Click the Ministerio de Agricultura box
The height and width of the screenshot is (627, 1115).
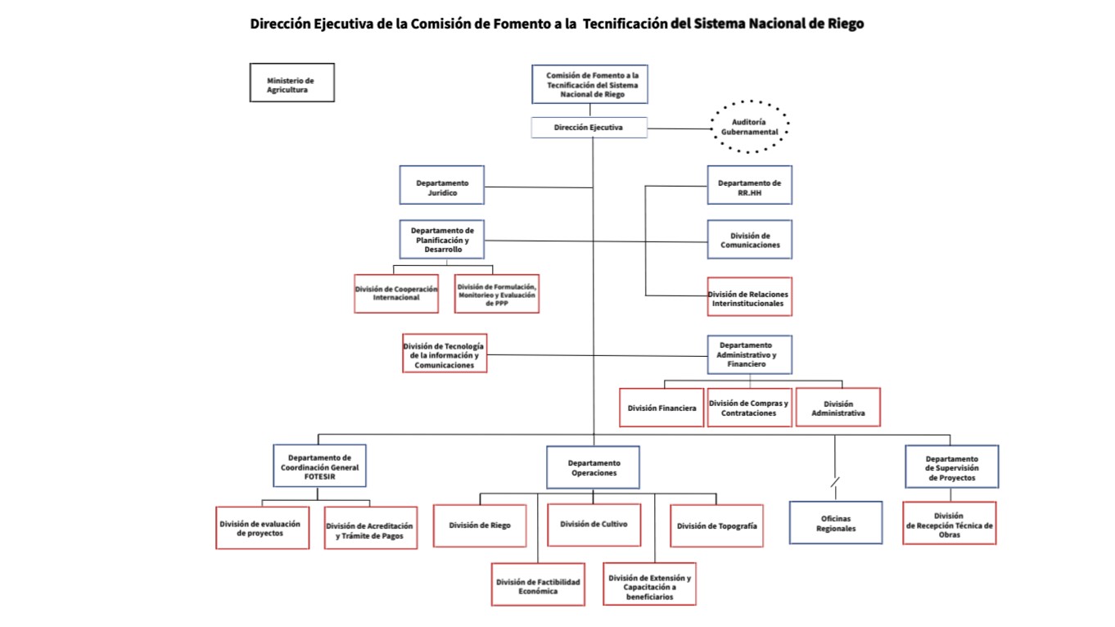click(x=291, y=83)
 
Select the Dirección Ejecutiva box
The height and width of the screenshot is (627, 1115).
click(x=589, y=128)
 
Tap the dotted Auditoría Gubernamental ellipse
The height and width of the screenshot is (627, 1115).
click(x=749, y=127)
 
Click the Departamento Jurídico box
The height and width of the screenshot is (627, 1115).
click(x=441, y=185)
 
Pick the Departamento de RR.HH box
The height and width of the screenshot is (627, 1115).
click(x=749, y=185)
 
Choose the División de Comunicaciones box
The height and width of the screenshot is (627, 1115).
click(x=749, y=239)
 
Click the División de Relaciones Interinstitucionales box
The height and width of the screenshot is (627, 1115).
click(x=749, y=296)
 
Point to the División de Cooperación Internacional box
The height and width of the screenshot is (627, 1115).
click(x=396, y=293)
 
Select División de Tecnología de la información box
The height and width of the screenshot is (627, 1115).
click(x=445, y=353)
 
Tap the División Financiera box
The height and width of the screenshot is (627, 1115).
click(x=661, y=408)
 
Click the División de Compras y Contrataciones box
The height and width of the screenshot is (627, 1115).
click(x=749, y=408)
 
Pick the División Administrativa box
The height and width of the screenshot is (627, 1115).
click(x=837, y=408)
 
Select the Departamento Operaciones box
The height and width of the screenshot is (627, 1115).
click(x=593, y=467)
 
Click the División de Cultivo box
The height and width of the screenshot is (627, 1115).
click(x=593, y=524)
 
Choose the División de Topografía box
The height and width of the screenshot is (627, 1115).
click(x=717, y=526)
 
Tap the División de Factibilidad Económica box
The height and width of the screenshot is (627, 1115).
click(x=538, y=584)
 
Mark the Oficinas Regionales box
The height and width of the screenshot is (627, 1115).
click(x=836, y=523)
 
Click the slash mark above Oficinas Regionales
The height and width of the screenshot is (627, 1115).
click(x=834, y=484)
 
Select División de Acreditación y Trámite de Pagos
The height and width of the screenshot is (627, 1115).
click(x=370, y=530)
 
